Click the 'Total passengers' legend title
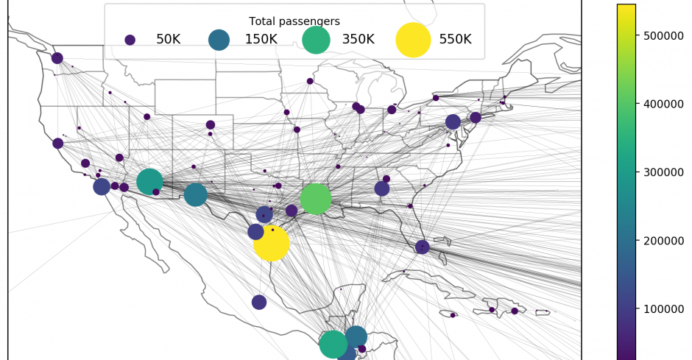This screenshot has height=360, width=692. [294, 21]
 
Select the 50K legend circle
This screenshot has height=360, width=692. [130, 40]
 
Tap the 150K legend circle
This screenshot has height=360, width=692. [219, 40]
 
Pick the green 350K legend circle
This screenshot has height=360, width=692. [316, 40]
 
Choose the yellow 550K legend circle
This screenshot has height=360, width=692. [413, 40]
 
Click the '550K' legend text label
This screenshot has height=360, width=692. [455, 39]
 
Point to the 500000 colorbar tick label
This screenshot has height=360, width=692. [663, 36]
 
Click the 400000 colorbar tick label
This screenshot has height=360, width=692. [663, 104]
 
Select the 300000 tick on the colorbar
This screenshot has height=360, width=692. [663, 172]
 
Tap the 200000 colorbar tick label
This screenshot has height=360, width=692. [663, 241]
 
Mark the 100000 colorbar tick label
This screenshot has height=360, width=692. [663, 309]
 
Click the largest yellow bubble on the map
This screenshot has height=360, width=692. [272, 243]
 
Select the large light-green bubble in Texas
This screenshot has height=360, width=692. [316, 199]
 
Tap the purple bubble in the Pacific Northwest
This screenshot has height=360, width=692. [57, 58]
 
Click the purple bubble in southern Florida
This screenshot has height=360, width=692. [423, 247]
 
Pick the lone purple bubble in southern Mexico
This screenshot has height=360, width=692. [259, 302]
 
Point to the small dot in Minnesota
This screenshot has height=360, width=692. [310, 81]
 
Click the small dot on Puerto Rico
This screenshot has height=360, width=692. [547, 311]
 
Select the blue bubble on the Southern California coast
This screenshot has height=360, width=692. [102, 186]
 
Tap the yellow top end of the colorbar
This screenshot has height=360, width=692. [626, 5]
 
